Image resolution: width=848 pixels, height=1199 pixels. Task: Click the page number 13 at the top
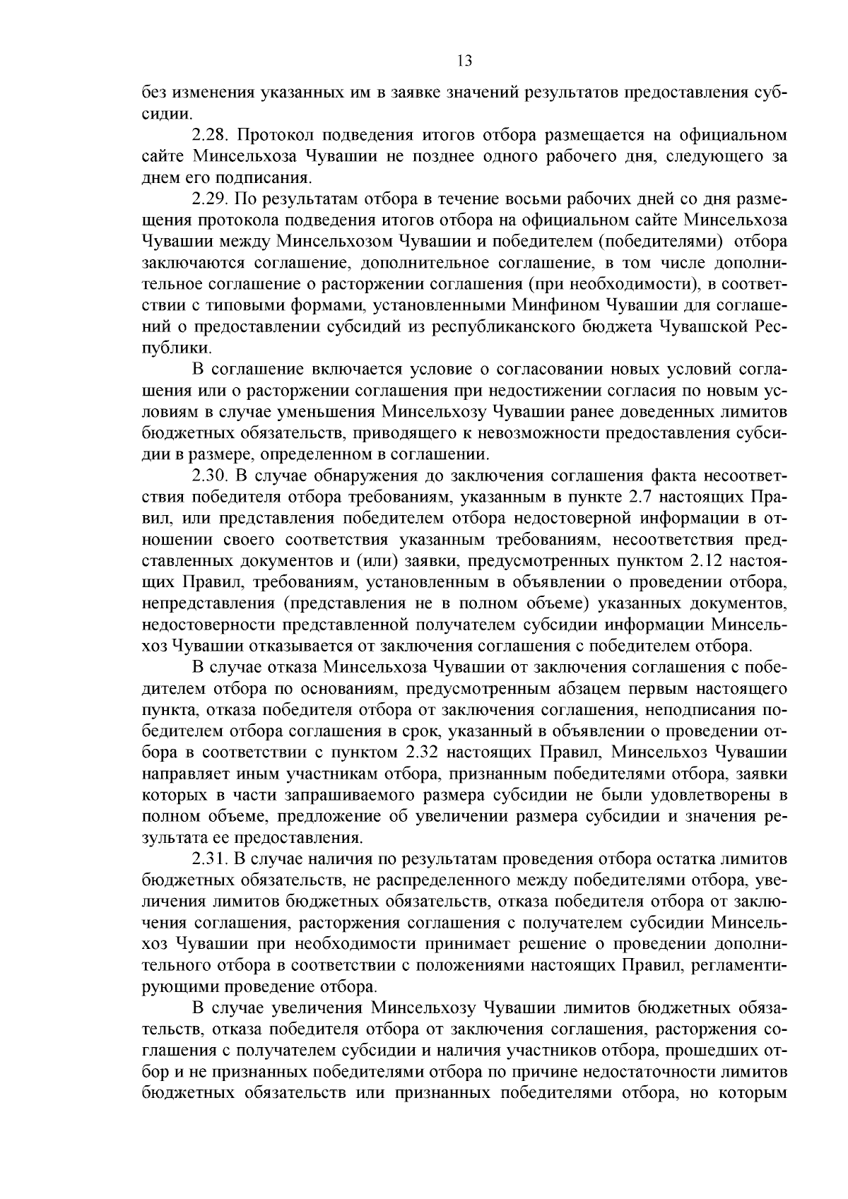coord(464,61)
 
